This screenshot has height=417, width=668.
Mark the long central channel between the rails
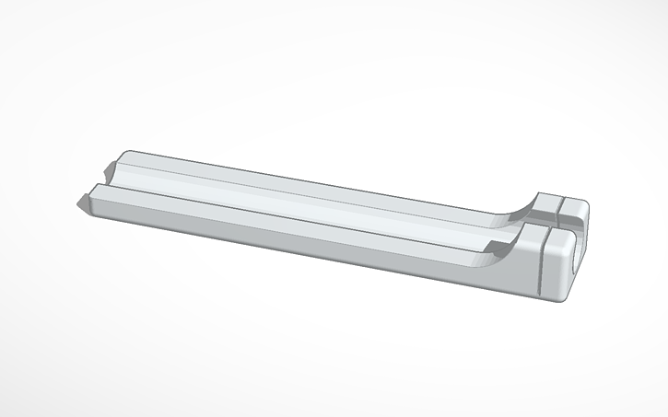point(304,200)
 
